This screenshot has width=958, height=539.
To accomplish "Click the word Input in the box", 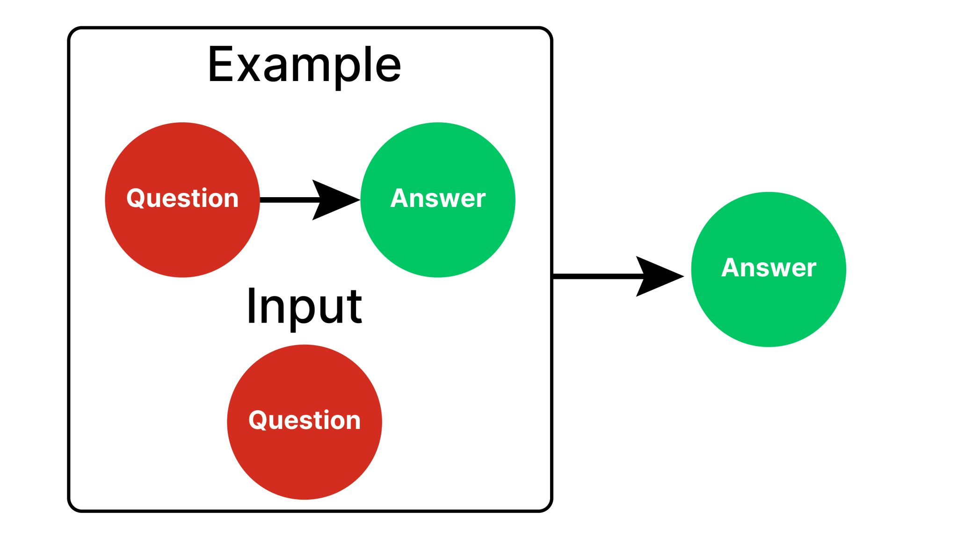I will (304, 306).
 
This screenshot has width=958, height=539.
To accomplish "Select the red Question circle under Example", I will (182, 234).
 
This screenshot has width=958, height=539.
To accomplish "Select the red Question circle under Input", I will (304, 459).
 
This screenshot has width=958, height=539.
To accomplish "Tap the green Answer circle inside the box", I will (438, 234).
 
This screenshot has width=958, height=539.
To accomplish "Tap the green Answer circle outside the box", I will (769, 304).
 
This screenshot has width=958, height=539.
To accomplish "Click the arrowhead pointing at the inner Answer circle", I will (334, 200).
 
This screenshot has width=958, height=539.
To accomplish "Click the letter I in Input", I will (251, 306).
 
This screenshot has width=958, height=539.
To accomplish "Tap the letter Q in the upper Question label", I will (135, 198).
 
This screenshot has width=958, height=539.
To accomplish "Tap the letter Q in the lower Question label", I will (257, 420).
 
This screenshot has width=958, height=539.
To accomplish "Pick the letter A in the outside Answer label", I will (731, 267).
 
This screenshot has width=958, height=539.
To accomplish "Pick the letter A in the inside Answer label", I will (400, 198).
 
